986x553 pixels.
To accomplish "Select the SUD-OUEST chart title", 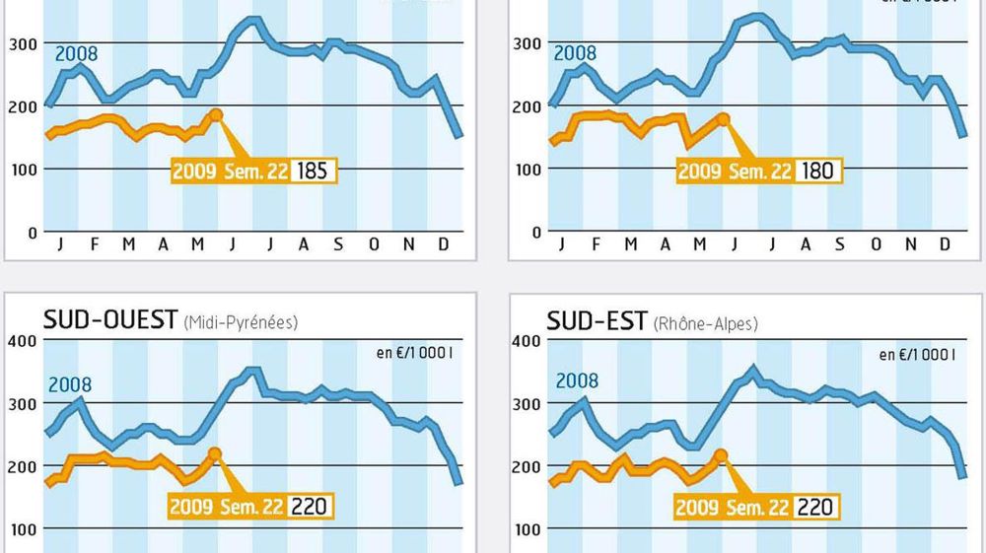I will pos(109,320).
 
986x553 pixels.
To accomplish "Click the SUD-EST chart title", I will pos(598,320).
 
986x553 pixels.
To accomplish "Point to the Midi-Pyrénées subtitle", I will pos(241,322).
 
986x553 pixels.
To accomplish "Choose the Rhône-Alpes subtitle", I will pos(706,322).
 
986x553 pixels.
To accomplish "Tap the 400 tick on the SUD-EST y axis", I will pos(527,341).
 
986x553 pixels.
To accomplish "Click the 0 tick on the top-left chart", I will pos(32,233).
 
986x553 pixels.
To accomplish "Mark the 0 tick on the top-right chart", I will pos(537,233).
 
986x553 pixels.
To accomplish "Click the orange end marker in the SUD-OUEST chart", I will pos(215,454).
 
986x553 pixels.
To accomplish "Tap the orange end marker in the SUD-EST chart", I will pos(720,455).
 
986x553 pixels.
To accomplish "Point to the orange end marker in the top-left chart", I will pos(216,115).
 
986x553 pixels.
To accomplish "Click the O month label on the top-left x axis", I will pos(374,244).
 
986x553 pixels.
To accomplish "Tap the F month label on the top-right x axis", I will pos(596,244).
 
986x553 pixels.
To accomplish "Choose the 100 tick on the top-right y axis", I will pos(527,169).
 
